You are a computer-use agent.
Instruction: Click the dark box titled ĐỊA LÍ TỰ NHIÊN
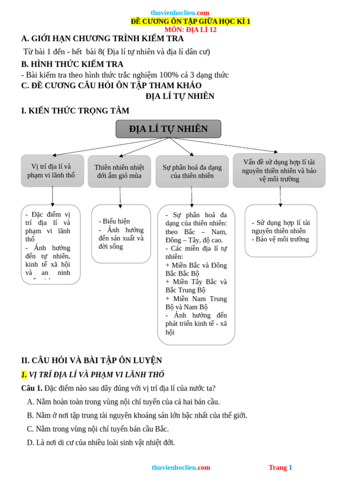click(x=168, y=129)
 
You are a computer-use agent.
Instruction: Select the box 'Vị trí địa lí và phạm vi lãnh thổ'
click(x=52, y=171)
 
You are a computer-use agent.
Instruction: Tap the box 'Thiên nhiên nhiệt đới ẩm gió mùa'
click(x=119, y=172)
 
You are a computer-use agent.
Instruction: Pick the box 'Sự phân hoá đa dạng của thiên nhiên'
click(x=192, y=172)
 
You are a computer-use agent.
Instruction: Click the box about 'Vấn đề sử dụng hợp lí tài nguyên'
click(x=279, y=171)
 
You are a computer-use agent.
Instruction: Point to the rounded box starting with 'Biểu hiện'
click(x=121, y=233)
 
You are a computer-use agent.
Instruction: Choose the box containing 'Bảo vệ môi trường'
click(x=281, y=231)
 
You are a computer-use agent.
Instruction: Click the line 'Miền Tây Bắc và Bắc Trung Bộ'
click(x=196, y=285)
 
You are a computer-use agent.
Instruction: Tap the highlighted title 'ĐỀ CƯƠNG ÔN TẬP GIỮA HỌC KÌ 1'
click(x=190, y=21)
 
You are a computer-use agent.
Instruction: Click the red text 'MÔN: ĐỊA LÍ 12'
click(x=190, y=30)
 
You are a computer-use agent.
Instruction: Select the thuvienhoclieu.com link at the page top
click(x=180, y=13)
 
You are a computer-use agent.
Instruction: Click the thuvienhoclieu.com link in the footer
click(x=181, y=467)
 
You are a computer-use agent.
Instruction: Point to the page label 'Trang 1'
click(x=280, y=467)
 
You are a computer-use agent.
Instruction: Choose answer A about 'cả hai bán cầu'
click(x=123, y=402)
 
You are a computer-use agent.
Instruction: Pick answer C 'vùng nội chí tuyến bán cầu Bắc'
click(x=98, y=429)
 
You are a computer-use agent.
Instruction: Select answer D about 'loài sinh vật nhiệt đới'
click(x=101, y=442)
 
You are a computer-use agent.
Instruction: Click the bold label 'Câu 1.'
click(x=32, y=388)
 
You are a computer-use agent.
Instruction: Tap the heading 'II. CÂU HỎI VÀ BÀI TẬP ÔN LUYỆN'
click(x=91, y=360)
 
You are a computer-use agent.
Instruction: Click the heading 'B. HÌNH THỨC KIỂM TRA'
click(x=72, y=64)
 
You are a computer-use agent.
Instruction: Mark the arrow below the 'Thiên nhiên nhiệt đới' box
click(x=120, y=196)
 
